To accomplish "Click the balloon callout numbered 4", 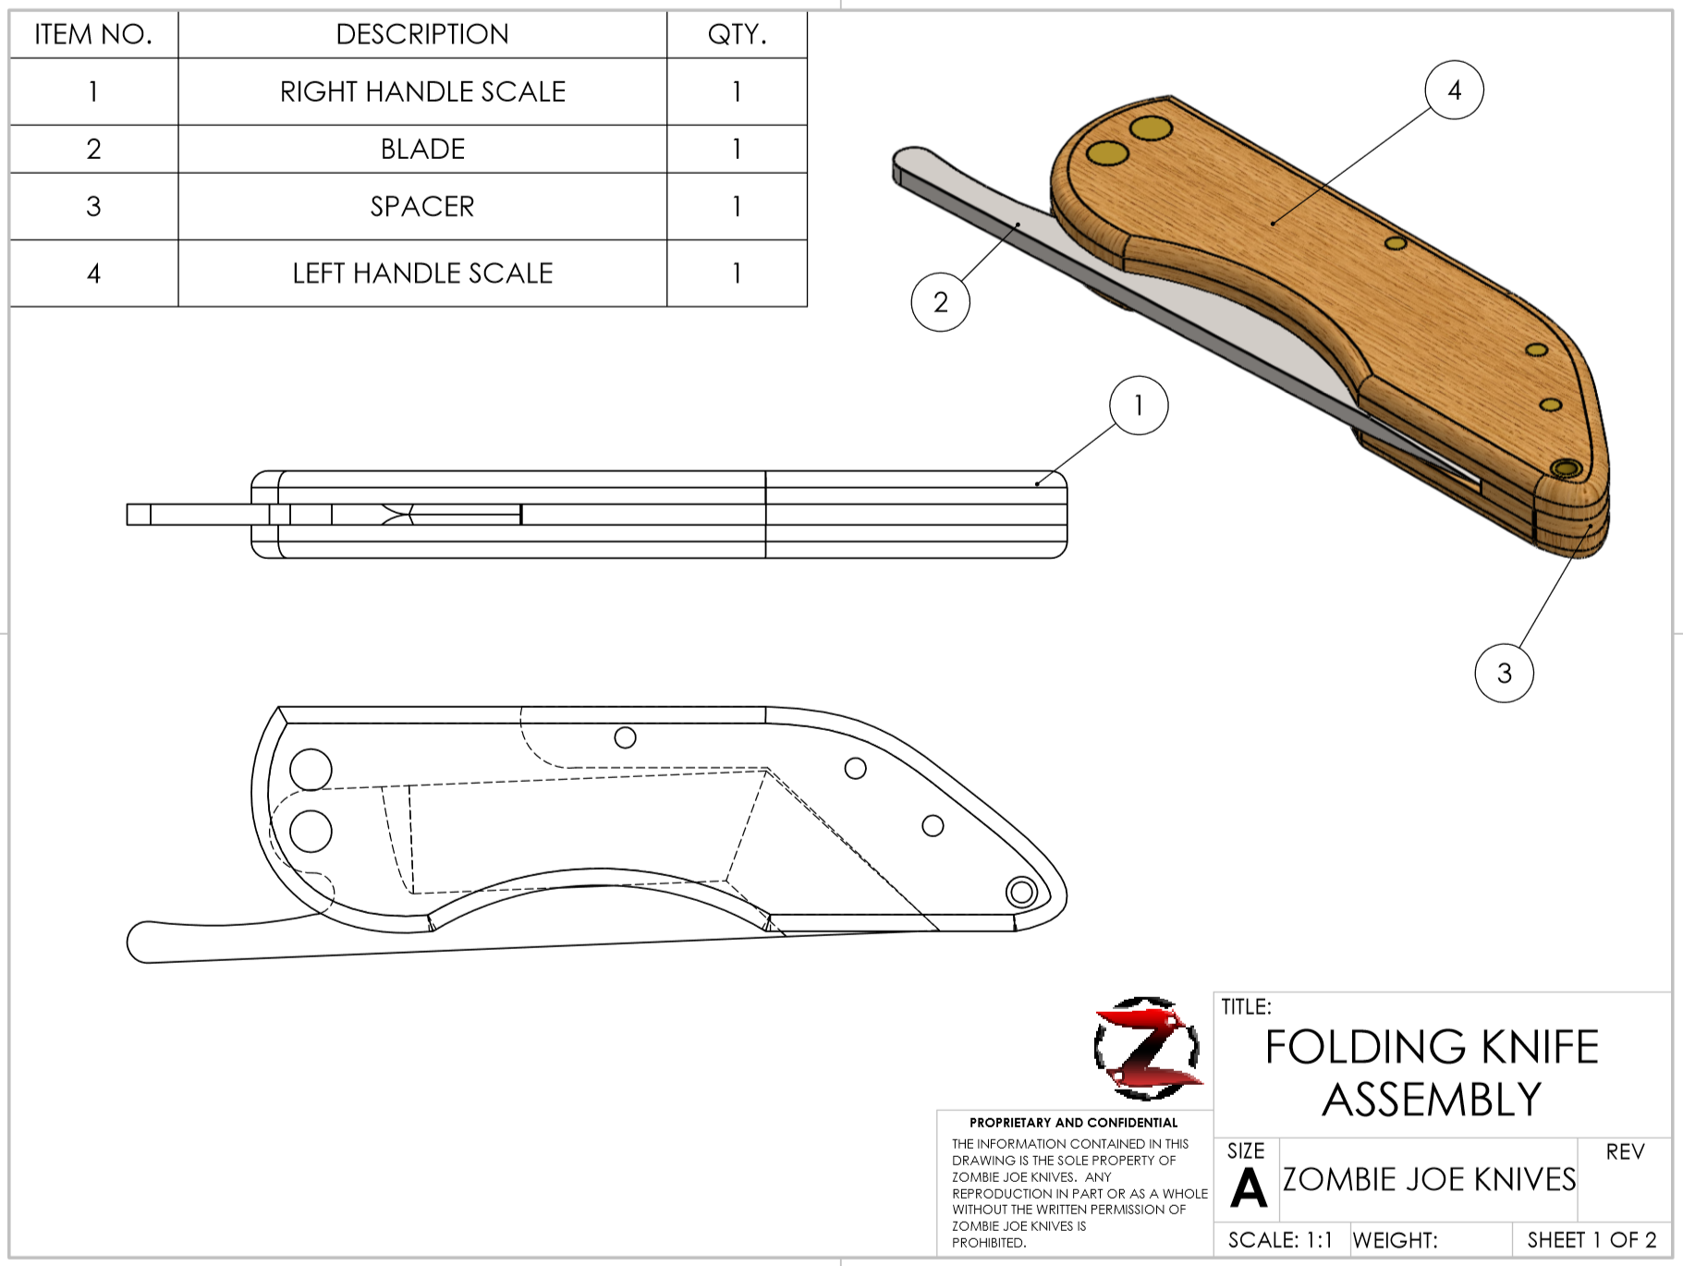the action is pyautogui.click(x=1454, y=90).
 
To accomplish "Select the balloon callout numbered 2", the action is pyautogui.click(x=940, y=301).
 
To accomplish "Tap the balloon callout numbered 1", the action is pyautogui.click(x=1139, y=405).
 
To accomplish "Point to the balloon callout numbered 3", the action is pyautogui.click(x=1504, y=673).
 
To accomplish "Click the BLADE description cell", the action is pyautogui.click(x=422, y=149).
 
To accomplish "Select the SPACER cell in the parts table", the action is pyautogui.click(x=422, y=206).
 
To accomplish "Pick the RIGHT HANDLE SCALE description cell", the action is pyautogui.click(x=422, y=91).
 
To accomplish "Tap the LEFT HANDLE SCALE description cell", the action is pyautogui.click(x=422, y=273).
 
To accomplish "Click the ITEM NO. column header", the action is pyautogui.click(x=93, y=34).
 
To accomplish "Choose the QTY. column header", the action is pyautogui.click(x=737, y=34).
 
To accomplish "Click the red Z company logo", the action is pyautogui.click(x=1147, y=1048).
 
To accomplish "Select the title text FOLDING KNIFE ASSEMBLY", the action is pyautogui.click(x=1432, y=1073).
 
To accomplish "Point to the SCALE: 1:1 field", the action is pyautogui.click(x=1280, y=1240).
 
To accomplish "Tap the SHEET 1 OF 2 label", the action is pyautogui.click(x=1592, y=1240).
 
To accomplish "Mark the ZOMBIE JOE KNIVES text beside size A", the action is pyautogui.click(x=1429, y=1180).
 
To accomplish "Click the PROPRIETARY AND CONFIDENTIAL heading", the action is pyautogui.click(x=1073, y=1123).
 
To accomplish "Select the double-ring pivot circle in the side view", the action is pyautogui.click(x=1021, y=892).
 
